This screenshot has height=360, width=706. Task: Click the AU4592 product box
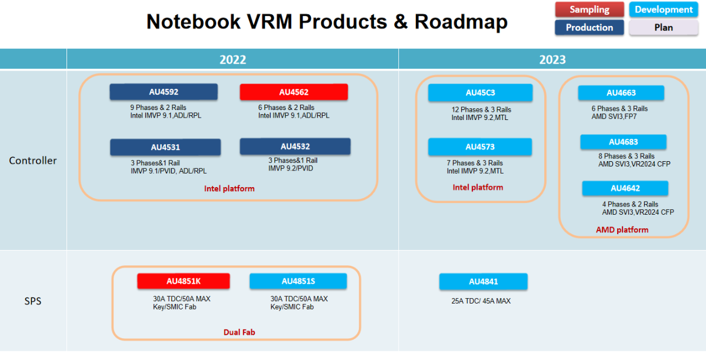point(164,92)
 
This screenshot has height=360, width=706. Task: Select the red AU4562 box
point(294,92)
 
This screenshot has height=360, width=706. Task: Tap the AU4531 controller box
point(165,147)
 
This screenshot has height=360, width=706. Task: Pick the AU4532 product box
point(295,146)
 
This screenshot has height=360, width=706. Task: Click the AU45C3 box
point(480,92)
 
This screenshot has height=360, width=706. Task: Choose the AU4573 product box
point(480,146)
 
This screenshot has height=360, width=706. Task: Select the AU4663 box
point(621,92)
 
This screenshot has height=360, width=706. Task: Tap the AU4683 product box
point(623,142)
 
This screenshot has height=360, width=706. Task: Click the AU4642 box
point(625,188)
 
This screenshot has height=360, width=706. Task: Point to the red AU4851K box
point(183,281)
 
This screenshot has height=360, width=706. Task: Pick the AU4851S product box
point(298,281)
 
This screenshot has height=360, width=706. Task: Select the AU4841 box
point(483,282)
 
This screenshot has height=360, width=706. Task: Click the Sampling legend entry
point(590,9)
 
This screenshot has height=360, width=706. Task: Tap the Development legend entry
point(664,9)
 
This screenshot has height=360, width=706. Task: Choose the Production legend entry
point(589,28)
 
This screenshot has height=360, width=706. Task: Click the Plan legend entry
point(664,28)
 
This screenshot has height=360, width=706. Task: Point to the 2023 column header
point(552,59)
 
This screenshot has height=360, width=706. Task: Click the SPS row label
point(33,302)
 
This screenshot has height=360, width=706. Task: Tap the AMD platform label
point(622,229)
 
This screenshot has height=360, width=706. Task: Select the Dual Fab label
point(239,332)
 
